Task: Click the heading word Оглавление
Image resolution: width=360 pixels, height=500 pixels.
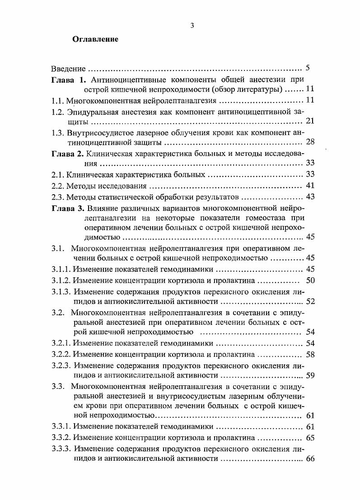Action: coord(95,39)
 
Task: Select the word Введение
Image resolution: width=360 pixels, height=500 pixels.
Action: coord(68,69)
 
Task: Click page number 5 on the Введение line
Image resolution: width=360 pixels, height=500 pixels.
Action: coord(307,69)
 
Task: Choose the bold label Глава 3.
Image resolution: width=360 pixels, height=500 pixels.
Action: coord(67,208)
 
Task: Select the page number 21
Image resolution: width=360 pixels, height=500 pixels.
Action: coord(310,121)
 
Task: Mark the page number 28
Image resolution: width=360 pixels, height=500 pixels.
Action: coord(310,142)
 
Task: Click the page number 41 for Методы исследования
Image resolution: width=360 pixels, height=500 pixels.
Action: coord(310,185)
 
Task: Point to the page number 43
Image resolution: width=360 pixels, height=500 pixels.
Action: coord(310,196)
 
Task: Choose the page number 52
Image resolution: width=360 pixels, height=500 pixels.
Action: coord(310,301)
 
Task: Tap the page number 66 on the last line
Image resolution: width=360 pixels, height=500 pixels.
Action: coord(310,459)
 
